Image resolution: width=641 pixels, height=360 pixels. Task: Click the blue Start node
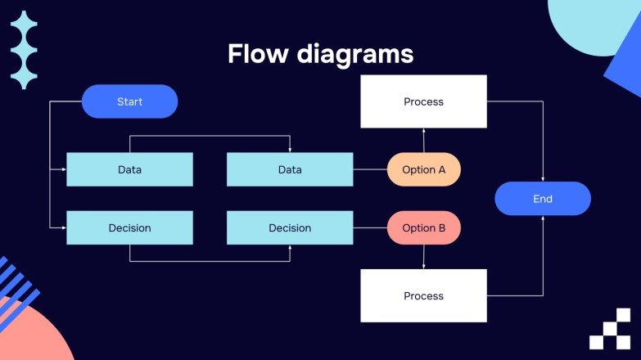pos(129,101)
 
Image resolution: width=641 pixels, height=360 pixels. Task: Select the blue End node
pos(543,199)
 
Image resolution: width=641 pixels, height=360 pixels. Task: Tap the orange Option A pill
pos(423,169)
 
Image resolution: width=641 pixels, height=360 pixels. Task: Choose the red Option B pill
pos(423,228)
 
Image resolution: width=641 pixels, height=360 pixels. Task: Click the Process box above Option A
pos(423,101)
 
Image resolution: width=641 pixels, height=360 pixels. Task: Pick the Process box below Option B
pos(423,295)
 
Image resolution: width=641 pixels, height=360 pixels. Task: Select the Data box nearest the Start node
pos(129,169)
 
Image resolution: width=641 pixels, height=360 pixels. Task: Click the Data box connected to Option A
pos(290,169)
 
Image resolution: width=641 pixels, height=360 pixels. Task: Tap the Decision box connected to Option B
pos(290,228)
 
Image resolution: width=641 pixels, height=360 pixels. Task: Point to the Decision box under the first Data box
pos(129,228)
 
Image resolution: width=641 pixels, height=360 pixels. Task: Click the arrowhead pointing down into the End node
pos(543,178)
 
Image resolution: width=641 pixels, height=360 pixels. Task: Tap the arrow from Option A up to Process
pos(423,141)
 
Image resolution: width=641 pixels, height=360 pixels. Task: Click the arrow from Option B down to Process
pos(423,257)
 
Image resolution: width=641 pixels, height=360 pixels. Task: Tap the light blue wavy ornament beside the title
pos(24,50)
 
